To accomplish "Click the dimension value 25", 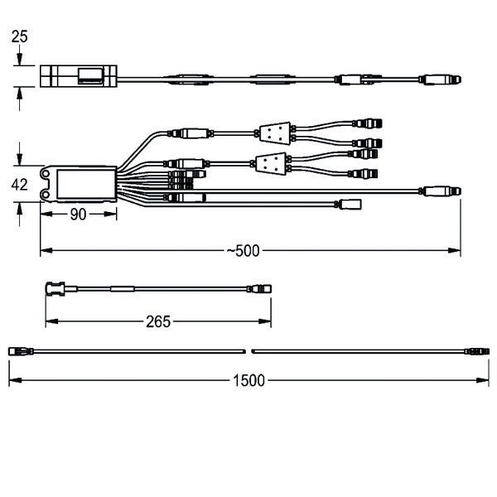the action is click(19, 36).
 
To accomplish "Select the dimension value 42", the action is click(19, 185).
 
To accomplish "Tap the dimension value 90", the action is click(78, 215).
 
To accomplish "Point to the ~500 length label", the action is click(243, 251).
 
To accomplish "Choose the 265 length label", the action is click(158, 321).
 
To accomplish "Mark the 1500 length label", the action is click(248, 380).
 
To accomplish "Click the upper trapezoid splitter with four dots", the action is click(275, 133).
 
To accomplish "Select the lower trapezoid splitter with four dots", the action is click(271, 164).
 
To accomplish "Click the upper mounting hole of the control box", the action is click(46, 174).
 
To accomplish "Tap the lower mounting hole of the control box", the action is click(46, 194).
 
